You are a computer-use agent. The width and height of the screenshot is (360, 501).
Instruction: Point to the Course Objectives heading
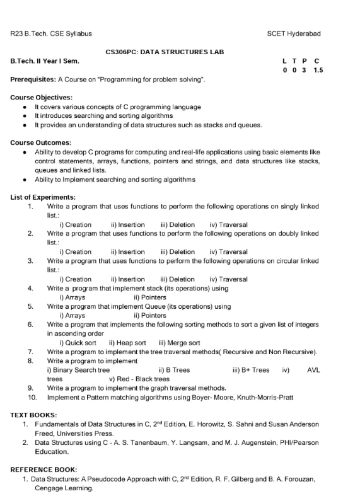[42, 98]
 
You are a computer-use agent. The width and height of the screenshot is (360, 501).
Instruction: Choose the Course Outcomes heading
[41, 143]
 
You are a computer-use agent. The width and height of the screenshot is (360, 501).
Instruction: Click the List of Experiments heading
[43, 197]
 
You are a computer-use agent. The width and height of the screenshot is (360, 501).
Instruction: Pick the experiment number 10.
[33, 397]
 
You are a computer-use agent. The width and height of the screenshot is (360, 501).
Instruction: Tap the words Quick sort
[78, 343]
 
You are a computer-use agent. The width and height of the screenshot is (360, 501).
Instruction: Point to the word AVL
[313, 370]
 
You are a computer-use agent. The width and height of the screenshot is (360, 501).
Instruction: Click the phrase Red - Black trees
[139, 379]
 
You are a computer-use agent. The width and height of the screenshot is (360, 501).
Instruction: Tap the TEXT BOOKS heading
[33, 415]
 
